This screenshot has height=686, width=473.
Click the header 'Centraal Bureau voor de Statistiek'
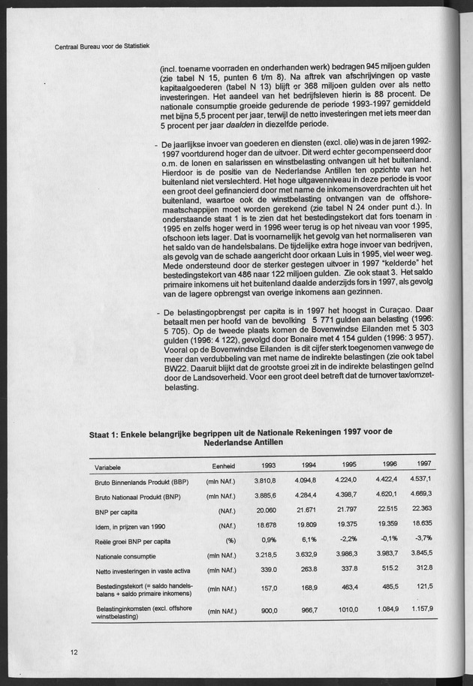click(x=103, y=46)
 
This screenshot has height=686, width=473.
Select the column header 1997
click(x=424, y=462)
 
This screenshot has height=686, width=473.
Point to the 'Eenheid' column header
click(x=217, y=465)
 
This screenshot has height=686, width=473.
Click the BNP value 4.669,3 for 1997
click(x=421, y=494)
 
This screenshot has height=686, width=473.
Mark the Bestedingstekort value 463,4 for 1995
click(x=343, y=587)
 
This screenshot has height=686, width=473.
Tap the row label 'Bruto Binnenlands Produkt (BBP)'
click(x=141, y=482)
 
